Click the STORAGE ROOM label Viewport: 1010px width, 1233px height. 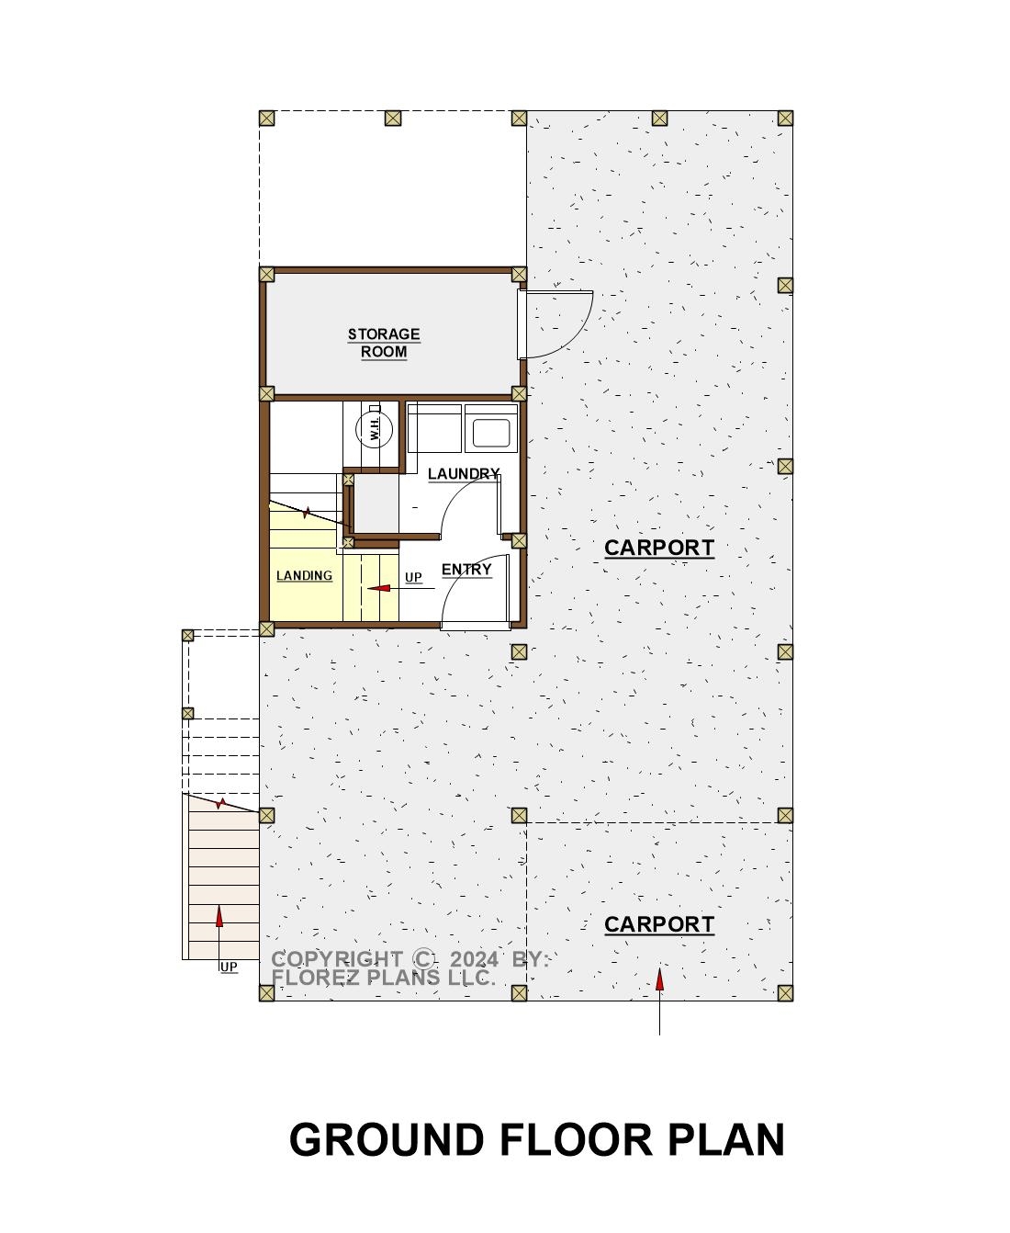click(383, 344)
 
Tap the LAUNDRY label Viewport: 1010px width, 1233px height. click(464, 473)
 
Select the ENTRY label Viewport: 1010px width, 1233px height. click(466, 570)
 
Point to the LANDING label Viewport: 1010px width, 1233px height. click(304, 575)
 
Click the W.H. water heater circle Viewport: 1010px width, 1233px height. click(375, 429)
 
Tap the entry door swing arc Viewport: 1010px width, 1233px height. click(455, 576)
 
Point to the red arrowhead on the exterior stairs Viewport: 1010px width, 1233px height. click(219, 916)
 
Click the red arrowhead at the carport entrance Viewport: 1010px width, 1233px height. click(659, 979)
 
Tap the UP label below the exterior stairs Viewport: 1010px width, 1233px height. click(229, 967)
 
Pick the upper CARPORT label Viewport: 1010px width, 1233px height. click(659, 548)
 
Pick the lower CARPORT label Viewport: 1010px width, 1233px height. click(659, 924)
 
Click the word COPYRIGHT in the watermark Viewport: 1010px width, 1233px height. click(336, 959)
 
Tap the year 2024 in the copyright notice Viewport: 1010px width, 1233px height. click(475, 959)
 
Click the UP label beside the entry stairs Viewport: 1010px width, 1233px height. click(413, 578)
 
